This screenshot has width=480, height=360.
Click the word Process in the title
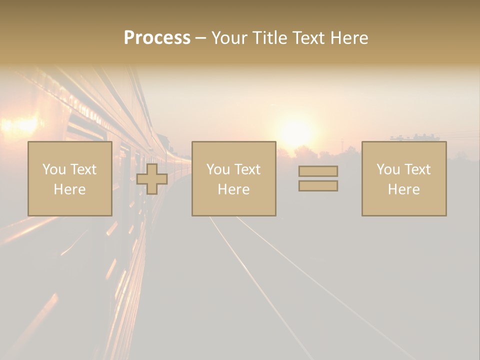coord(157,38)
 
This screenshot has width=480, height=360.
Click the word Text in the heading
coord(309,38)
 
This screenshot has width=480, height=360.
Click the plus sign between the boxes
coord(152,179)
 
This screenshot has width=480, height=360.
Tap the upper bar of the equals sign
coord(318,171)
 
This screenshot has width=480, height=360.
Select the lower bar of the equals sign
coord(318,186)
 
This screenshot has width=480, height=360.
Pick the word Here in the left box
coord(69,189)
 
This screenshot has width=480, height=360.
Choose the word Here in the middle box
coord(233,189)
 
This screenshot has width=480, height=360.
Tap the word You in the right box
coord(388,169)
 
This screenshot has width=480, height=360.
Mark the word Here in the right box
coord(403,189)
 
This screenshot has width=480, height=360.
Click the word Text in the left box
coord(83,169)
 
